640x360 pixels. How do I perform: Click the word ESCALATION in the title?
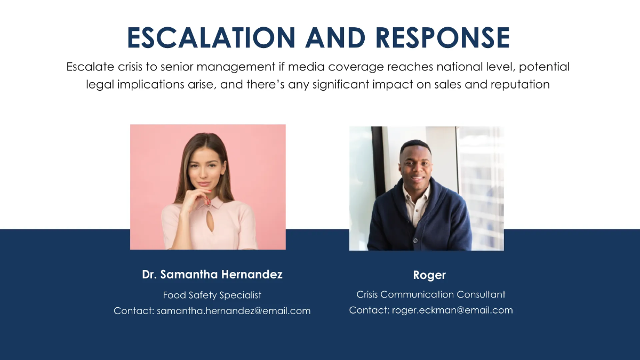[211, 38]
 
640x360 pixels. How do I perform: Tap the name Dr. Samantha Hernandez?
[212, 275]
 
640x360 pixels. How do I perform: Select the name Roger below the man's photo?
[429, 275]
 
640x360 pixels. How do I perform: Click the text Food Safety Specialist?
[212, 295]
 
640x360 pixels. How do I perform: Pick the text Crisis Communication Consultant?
[430, 294]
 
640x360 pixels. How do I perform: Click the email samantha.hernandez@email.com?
[234, 311]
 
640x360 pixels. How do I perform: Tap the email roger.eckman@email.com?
[452, 310]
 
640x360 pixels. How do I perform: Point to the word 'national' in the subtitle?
[458, 67]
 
